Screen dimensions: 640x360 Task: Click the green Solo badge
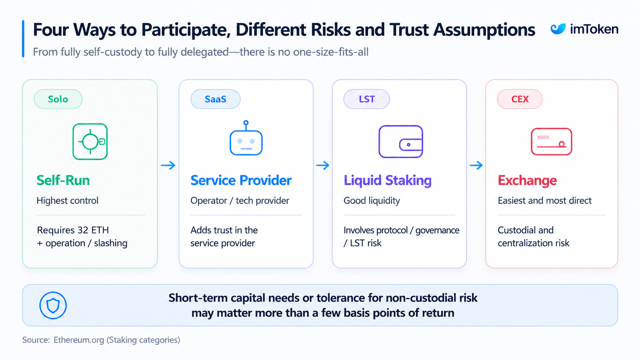[x=58, y=99]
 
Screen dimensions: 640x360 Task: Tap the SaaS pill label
[x=216, y=99]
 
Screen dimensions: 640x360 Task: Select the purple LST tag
[x=367, y=99]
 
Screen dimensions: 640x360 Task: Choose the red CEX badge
[x=520, y=99]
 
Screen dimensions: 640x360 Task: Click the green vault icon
[x=90, y=142]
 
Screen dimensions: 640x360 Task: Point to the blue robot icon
[x=246, y=138]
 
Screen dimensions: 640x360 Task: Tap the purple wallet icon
[x=400, y=142]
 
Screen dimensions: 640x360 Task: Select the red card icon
[x=552, y=142]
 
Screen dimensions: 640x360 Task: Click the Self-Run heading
[x=63, y=181]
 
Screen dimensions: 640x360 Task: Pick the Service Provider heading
[x=241, y=181]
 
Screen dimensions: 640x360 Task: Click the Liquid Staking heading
[x=387, y=181]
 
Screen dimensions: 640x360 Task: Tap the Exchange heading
[x=527, y=181]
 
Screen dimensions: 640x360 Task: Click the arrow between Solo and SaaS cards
[x=168, y=165]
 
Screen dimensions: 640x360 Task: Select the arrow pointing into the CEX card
[x=476, y=165]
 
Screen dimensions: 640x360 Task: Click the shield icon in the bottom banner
[x=53, y=305]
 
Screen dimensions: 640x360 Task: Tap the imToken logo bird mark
[x=558, y=29]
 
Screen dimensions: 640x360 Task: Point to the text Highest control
[x=67, y=200]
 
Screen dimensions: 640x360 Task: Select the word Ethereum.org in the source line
[x=79, y=340]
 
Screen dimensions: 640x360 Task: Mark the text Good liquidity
[x=372, y=201]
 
